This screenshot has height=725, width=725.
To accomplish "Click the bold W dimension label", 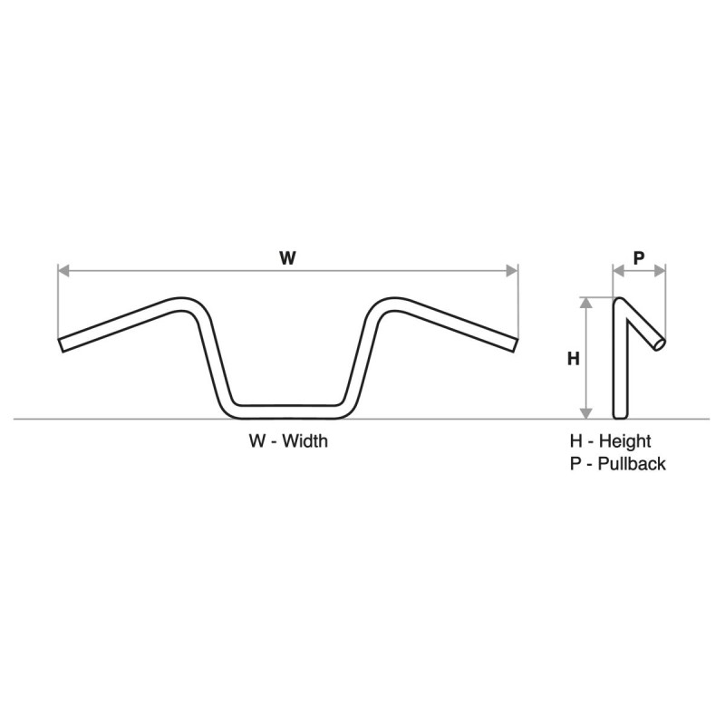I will (x=287, y=257).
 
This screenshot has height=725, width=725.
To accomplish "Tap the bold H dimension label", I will (x=573, y=359).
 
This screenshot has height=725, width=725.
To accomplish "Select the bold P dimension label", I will (x=638, y=257).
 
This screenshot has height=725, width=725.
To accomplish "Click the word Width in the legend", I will (x=304, y=442).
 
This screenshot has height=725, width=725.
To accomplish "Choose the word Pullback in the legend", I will (x=632, y=464).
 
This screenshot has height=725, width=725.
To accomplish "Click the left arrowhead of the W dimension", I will (x=63, y=270).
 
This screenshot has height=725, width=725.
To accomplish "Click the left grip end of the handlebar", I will (x=62, y=345).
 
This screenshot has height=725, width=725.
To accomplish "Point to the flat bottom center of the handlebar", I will (x=287, y=411).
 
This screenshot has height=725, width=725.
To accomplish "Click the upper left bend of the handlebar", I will (x=187, y=303).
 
